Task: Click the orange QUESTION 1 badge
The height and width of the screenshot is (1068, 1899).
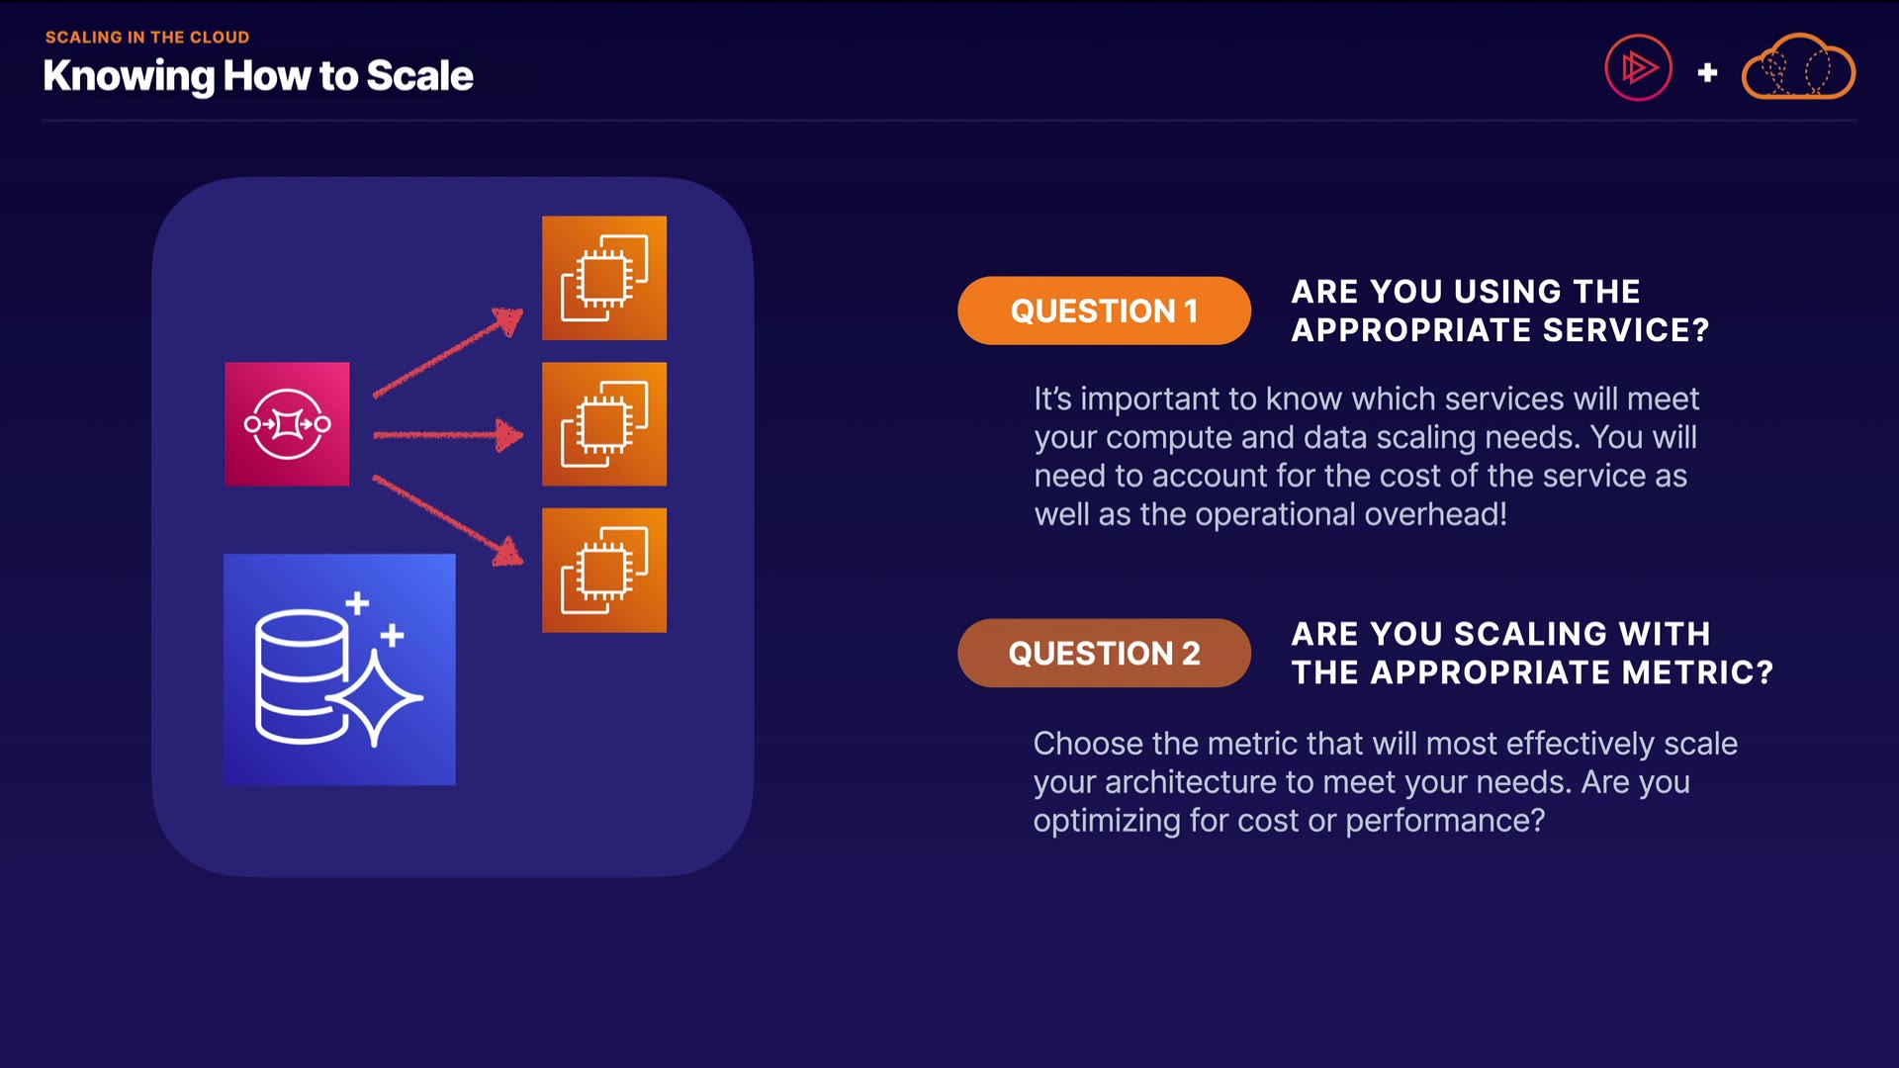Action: click(1104, 311)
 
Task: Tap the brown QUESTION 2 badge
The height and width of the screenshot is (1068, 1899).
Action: click(1104, 653)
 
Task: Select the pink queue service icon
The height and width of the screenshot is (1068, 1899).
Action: click(287, 424)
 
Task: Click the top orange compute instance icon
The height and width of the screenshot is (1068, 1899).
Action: click(604, 278)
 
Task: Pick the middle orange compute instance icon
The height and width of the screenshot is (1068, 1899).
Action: click(604, 424)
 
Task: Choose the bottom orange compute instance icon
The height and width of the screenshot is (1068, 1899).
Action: click(604, 571)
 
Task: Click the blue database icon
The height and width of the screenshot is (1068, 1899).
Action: click(339, 669)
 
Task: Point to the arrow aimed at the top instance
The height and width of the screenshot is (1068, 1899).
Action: click(448, 353)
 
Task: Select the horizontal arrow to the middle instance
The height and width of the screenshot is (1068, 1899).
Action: click(448, 434)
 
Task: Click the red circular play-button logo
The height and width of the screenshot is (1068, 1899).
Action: click(1638, 68)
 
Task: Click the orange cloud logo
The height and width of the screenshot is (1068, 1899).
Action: click(1798, 68)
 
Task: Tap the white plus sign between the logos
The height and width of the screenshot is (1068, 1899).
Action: click(1707, 72)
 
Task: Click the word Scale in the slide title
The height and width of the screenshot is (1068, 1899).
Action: click(420, 76)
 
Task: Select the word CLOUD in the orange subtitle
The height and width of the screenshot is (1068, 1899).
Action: click(220, 38)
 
